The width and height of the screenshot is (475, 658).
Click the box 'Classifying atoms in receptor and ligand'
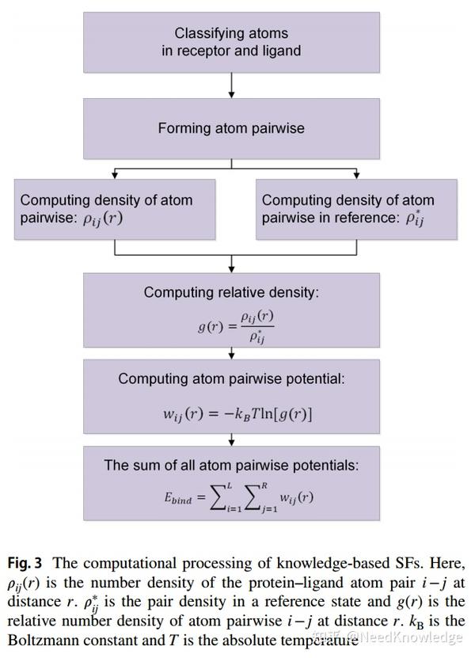point(231,41)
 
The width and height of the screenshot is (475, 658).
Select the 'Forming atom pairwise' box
point(231,127)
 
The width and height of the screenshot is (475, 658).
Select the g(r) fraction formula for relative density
point(236,325)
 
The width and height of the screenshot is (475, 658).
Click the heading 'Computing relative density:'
point(231,292)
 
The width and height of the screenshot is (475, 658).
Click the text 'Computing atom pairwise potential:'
point(231,378)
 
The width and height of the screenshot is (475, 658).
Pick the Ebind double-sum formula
point(238,498)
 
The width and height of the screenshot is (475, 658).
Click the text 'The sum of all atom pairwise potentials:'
point(231,465)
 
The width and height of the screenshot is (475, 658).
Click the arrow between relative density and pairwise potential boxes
point(231,354)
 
